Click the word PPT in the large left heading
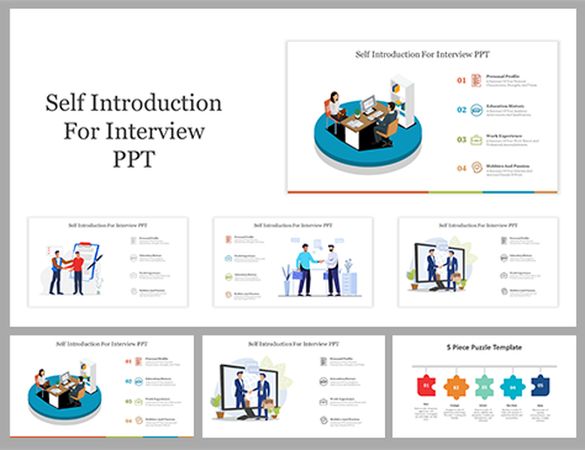pos(134,160)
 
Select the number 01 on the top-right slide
pos(462,80)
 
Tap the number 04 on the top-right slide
pos(462,167)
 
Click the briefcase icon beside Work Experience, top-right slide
pos(477,139)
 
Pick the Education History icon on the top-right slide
pos(477,109)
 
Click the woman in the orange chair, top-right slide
pos(335,109)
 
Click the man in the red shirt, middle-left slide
pos(78,272)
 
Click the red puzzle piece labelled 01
pos(427,383)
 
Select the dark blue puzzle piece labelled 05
pos(538,383)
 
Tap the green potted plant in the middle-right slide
pos(412,280)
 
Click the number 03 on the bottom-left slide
pos(129,401)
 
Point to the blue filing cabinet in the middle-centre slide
pos(349,283)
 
